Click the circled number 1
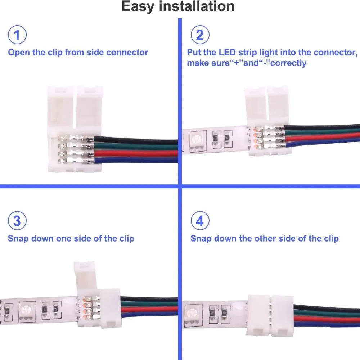[17, 35]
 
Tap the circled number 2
[199, 35]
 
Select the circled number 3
[17, 221]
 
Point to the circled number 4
[199, 221]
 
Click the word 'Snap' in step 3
[18, 239]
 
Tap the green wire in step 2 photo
[324, 134]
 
